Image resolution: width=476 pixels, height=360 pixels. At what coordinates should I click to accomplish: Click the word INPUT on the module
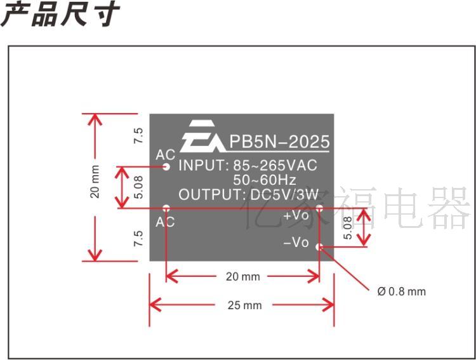click(201, 166)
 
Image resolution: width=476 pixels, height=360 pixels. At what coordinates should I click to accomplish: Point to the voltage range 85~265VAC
click(275, 166)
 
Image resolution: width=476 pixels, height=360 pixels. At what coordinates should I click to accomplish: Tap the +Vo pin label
click(296, 215)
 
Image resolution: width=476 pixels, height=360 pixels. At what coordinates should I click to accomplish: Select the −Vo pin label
click(296, 243)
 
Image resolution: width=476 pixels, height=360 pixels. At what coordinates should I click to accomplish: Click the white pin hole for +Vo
click(319, 207)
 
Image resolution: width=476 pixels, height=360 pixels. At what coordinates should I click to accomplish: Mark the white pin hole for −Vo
click(319, 246)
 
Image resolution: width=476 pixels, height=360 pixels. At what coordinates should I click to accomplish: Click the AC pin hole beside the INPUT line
click(166, 167)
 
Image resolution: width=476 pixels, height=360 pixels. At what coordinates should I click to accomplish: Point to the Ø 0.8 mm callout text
click(401, 291)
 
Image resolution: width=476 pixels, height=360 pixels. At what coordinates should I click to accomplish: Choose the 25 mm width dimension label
click(244, 305)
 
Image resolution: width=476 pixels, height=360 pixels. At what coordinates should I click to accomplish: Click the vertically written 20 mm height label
click(95, 182)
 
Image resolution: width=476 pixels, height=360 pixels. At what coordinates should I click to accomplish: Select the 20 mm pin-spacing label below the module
click(243, 277)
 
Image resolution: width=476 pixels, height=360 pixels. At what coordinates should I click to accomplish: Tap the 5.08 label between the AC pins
click(139, 187)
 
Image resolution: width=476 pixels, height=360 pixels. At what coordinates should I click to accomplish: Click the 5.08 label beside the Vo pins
click(347, 227)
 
